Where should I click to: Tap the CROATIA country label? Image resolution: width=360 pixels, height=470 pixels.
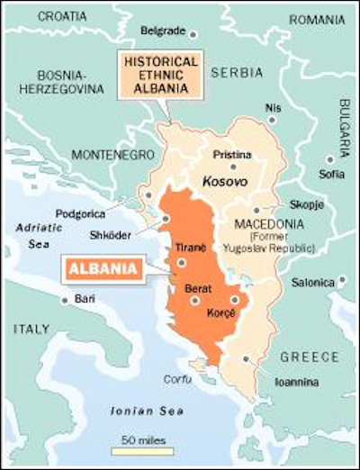click(38, 15)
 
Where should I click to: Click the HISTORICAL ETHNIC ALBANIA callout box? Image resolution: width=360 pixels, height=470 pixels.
click(162, 77)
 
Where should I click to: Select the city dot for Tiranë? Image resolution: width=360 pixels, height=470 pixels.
click(182, 262)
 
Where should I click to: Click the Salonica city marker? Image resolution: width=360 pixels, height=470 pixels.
click(342, 281)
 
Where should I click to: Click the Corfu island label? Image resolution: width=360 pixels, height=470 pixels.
click(176, 379)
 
